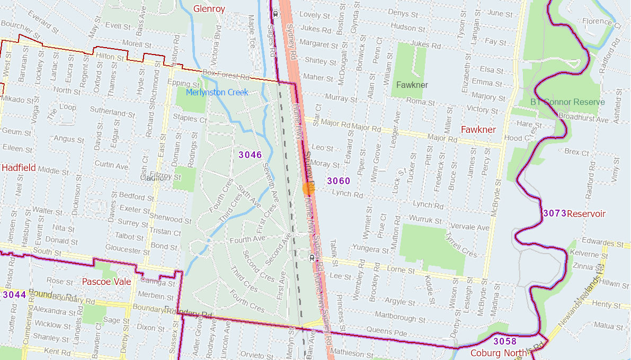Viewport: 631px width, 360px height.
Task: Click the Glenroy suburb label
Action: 209,8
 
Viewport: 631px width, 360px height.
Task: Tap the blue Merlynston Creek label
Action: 217,93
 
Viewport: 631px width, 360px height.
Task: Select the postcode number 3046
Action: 250,155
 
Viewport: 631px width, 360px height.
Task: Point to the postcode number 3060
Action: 339,181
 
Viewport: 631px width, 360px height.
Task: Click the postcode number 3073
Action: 554,213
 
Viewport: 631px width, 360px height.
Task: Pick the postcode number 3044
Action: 14,294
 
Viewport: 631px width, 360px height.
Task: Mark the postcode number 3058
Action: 504,341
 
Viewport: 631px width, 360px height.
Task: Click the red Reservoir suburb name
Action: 586,214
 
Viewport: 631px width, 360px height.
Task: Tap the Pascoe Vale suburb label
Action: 106,282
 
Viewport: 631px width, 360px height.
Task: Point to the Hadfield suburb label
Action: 19,167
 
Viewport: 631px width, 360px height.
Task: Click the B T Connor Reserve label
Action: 567,102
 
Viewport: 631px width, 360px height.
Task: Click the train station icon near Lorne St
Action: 312,257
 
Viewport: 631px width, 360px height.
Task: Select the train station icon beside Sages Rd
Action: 276,14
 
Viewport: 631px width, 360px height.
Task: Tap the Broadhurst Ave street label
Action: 583,119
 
